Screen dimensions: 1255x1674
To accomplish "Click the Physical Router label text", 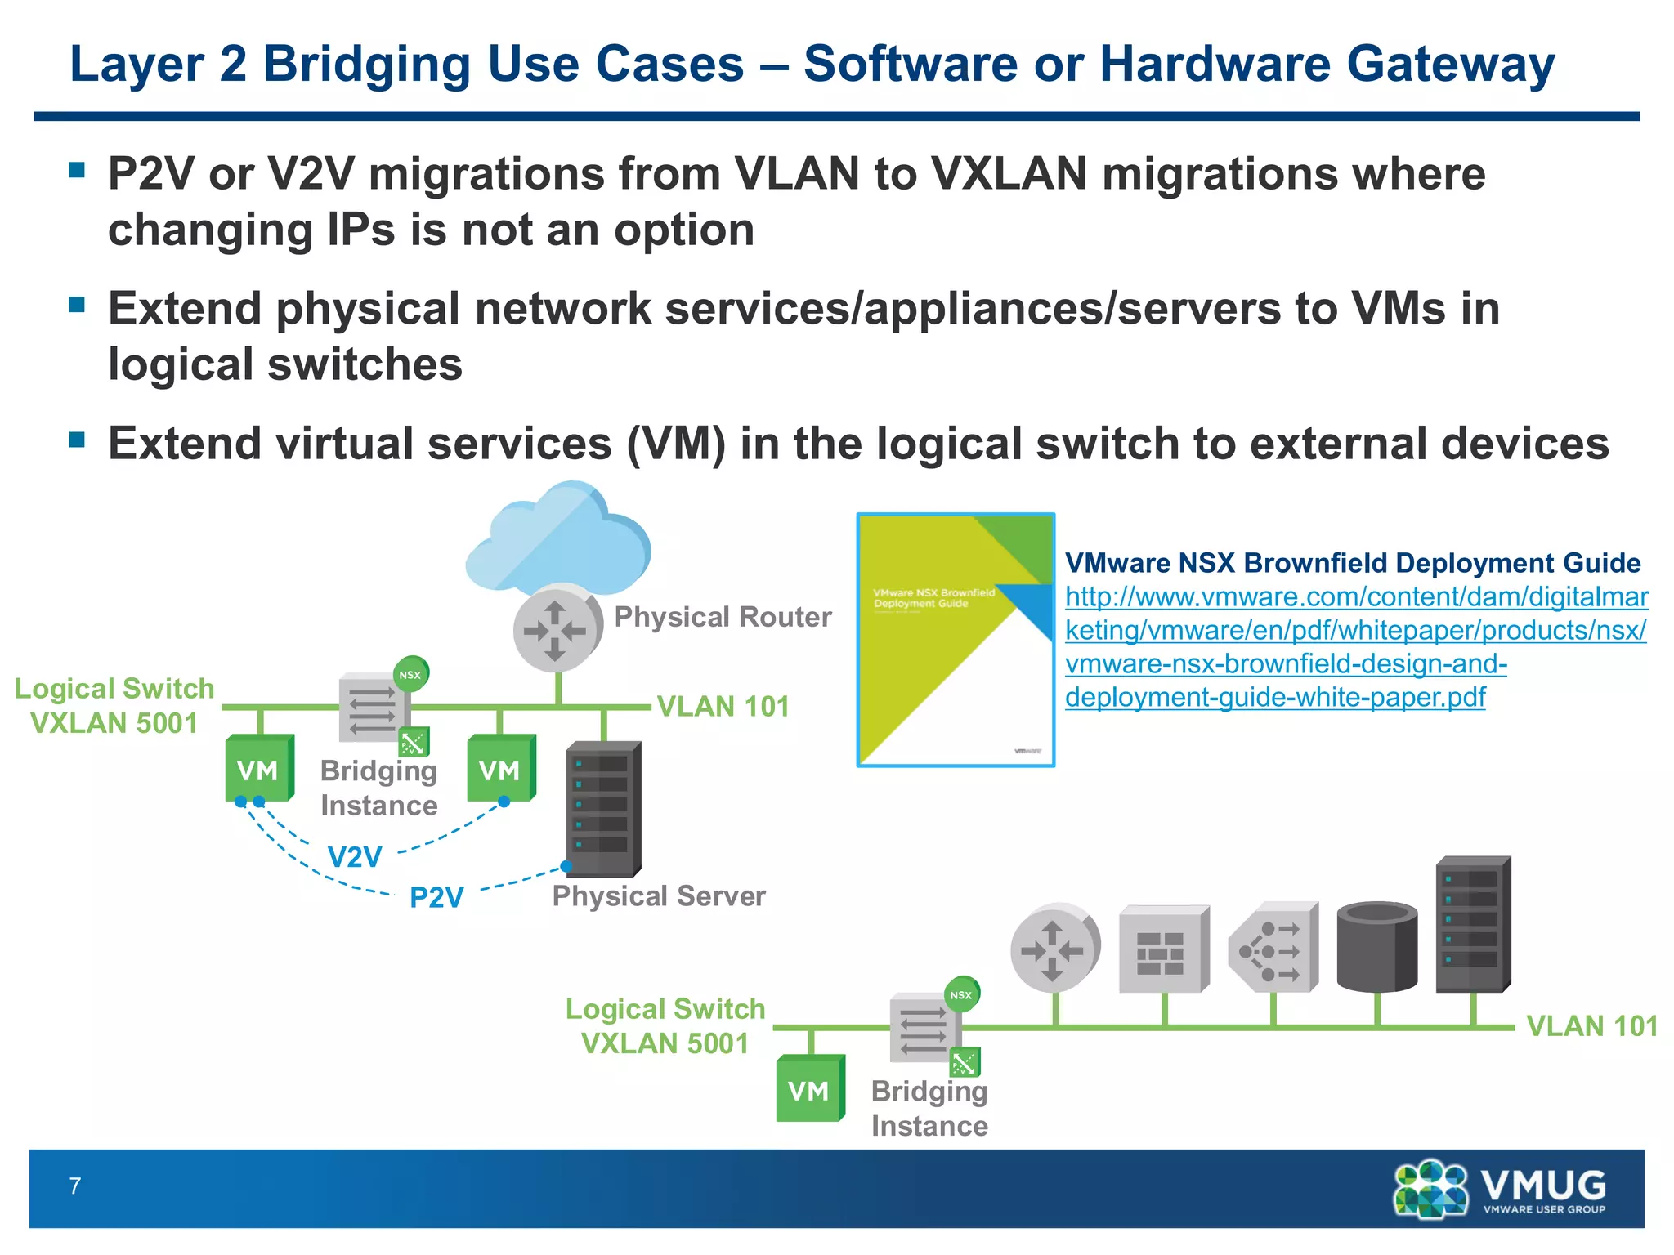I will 723,617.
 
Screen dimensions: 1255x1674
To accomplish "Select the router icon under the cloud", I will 556,629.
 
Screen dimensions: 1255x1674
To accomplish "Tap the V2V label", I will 355,857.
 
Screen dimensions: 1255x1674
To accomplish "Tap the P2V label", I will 436,897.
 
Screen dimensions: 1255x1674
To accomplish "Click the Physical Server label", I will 659,896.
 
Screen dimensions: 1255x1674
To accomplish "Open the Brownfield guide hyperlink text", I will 1355,646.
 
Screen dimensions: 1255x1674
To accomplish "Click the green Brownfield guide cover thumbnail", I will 955,640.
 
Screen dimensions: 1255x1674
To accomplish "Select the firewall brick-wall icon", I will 1162,950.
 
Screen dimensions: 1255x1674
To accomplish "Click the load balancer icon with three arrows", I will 1273,949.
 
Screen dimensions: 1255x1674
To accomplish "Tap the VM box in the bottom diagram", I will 809,1090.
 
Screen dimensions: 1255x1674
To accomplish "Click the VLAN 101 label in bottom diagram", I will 1591,1026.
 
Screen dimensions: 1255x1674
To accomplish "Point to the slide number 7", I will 75,1186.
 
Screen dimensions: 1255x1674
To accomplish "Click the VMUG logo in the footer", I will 1500,1188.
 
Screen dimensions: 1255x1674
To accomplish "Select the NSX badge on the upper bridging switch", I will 410,674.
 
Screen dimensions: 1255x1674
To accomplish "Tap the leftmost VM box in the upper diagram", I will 258,770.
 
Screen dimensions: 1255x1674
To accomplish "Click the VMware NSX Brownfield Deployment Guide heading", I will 1352,563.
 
